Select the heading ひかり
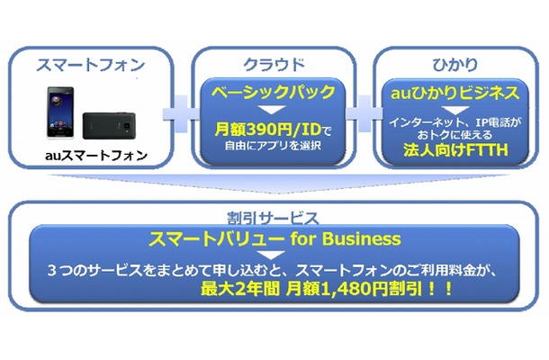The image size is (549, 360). [447, 65]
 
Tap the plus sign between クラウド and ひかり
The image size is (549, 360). [359, 117]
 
